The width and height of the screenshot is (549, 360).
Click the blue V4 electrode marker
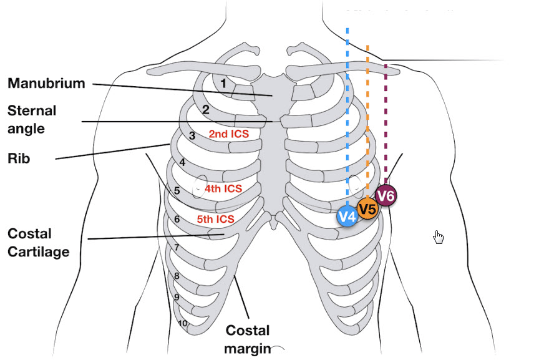(347, 216)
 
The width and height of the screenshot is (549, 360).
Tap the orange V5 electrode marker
(367, 208)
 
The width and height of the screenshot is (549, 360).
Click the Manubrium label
(46, 83)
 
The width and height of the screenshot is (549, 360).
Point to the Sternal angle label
(32, 119)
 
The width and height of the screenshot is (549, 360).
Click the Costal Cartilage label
(38, 242)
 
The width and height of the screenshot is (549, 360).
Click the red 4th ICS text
(223, 187)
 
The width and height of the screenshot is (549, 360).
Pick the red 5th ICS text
(215, 219)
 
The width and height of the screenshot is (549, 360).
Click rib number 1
(223, 82)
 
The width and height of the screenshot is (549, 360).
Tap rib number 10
(183, 323)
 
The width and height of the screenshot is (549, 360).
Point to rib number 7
(177, 248)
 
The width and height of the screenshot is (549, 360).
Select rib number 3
(192, 135)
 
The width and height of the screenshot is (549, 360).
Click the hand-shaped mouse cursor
(439, 237)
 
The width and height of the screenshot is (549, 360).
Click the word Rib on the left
(19, 159)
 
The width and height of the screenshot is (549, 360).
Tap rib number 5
(177, 191)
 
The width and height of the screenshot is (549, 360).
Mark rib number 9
(177, 297)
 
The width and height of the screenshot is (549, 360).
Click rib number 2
(205, 110)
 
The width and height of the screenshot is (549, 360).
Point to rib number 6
(177, 220)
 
